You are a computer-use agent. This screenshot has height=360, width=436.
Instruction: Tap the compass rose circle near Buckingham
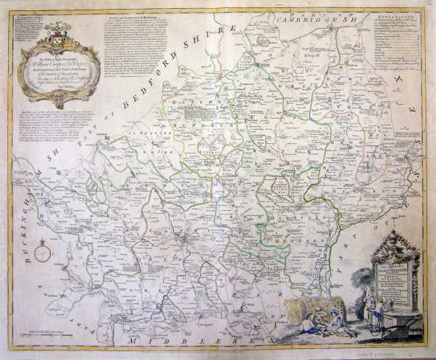43,255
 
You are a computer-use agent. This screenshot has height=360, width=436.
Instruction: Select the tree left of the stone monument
362,283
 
